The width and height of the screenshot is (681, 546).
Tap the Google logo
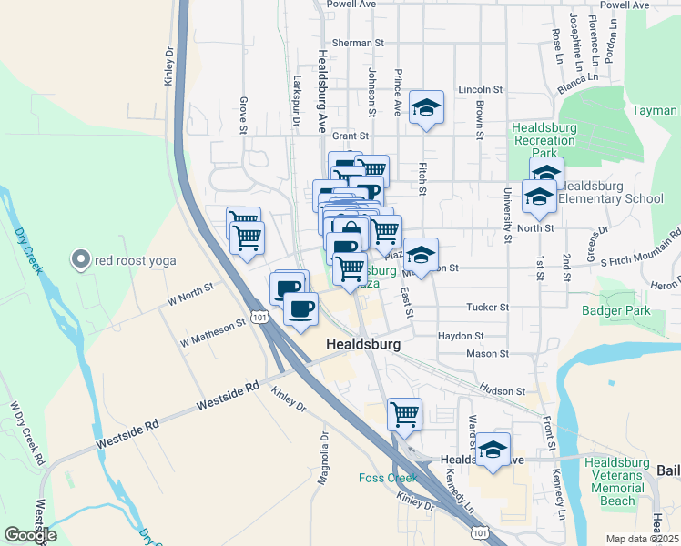(x=30, y=535)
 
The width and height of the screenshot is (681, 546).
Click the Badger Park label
(x=616, y=310)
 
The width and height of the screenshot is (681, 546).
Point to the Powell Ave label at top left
(x=354, y=5)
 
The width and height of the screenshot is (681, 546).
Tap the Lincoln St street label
(x=481, y=90)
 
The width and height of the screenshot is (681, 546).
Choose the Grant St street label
(x=349, y=136)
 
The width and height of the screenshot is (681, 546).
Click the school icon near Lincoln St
(x=426, y=108)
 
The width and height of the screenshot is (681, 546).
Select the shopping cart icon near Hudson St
(x=404, y=414)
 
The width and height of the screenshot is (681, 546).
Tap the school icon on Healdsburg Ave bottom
(x=493, y=450)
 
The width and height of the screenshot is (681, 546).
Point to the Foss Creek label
(x=387, y=478)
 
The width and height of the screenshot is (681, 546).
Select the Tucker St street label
(x=485, y=308)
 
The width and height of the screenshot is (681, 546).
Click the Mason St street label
(x=487, y=353)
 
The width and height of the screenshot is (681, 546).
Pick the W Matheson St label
(x=213, y=331)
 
